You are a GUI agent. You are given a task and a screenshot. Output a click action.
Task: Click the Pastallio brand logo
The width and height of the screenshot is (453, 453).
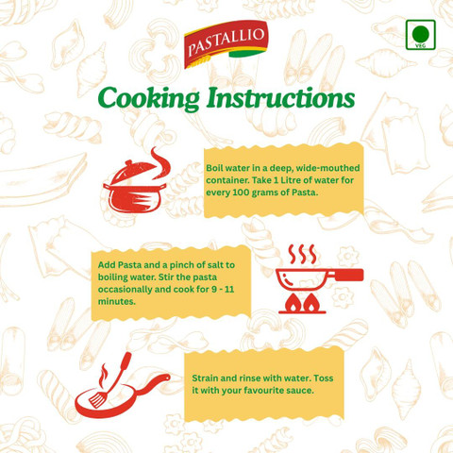click(226, 44)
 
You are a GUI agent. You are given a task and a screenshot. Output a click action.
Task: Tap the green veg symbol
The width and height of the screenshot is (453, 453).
click(421, 35)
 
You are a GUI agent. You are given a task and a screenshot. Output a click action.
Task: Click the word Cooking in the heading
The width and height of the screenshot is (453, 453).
click(148, 98)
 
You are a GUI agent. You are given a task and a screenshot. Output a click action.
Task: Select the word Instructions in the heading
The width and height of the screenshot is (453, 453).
click(280, 97)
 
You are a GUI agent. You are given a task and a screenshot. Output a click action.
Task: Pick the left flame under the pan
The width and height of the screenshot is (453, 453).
click(293, 303)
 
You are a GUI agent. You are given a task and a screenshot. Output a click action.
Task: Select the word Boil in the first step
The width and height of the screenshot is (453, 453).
click(215, 168)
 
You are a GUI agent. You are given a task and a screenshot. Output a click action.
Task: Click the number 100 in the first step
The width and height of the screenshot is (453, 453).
click(241, 193)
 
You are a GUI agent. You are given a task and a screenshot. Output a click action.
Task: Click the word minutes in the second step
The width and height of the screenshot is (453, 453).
click(117, 301)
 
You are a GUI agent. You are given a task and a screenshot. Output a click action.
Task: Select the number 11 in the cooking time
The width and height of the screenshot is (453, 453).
click(229, 289)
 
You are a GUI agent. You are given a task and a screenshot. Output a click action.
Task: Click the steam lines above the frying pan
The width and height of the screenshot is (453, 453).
click(302, 254)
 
